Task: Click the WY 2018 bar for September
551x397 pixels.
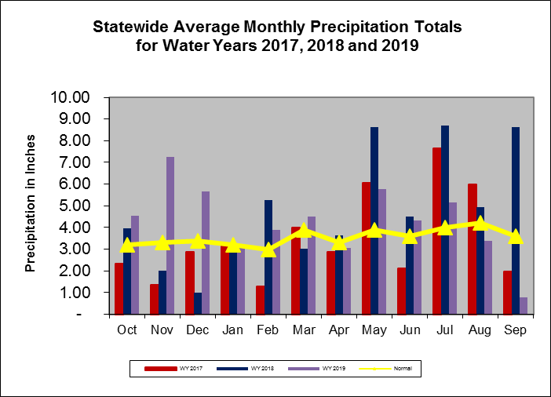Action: coord(516,220)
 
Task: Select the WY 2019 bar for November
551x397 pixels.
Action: coord(170,235)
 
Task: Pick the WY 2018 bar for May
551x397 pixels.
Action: coord(374,220)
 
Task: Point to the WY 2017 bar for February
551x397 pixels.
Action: coord(260,300)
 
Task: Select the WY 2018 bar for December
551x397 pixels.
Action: coord(197,304)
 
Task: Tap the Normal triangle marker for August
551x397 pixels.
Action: coord(480,223)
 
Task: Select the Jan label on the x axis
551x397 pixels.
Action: coord(232,330)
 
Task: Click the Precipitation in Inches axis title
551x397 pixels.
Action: coord(31,206)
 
